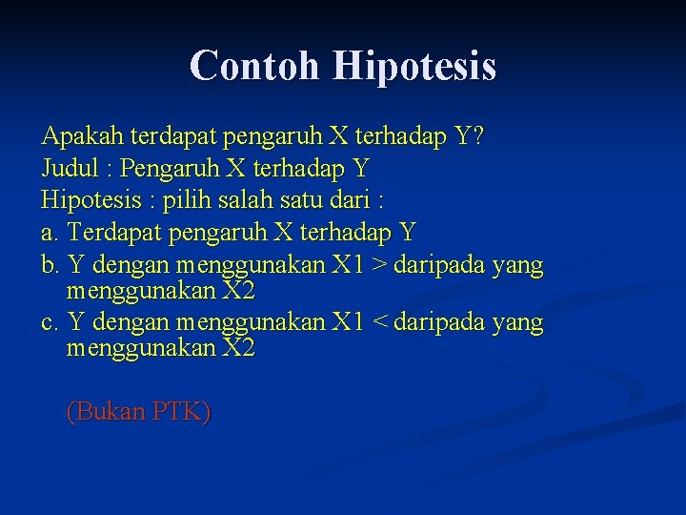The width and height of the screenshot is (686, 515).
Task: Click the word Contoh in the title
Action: click(x=255, y=66)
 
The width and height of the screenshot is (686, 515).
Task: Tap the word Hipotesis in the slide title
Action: click(x=414, y=67)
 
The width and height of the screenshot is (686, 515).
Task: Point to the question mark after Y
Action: click(x=477, y=137)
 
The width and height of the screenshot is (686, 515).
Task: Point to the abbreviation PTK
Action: click(x=179, y=412)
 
